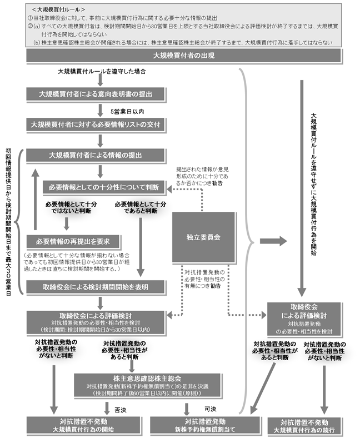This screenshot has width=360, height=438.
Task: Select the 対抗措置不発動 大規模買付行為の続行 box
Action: [x=312, y=426]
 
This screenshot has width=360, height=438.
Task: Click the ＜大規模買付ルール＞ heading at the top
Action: [x=58, y=9]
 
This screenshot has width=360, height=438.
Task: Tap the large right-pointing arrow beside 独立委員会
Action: [x=272, y=241]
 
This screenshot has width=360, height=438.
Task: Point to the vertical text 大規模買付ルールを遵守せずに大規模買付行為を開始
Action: [x=314, y=183]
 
